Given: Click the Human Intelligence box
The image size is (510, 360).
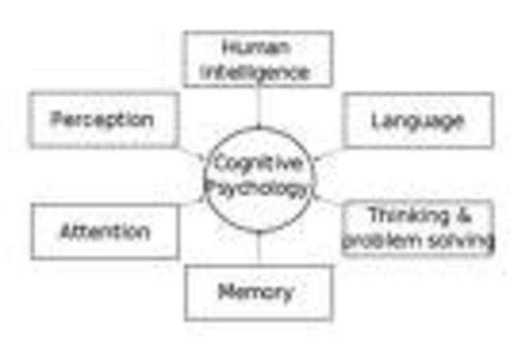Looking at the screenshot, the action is (x=257, y=59).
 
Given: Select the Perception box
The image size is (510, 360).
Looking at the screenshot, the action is (x=104, y=120).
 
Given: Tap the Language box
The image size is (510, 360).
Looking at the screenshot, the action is (x=418, y=120).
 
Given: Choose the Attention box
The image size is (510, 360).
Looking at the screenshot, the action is (x=105, y=232).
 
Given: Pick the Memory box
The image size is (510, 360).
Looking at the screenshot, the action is (x=258, y=292).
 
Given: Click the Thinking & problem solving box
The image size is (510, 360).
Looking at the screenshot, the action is (x=418, y=228).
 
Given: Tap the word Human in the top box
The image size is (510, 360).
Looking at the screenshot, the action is (x=257, y=47).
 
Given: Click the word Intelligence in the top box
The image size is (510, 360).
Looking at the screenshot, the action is (x=257, y=72).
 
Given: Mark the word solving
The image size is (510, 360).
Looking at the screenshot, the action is (x=461, y=241).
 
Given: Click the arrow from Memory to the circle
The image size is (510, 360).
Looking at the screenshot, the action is (x=258, y=248).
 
